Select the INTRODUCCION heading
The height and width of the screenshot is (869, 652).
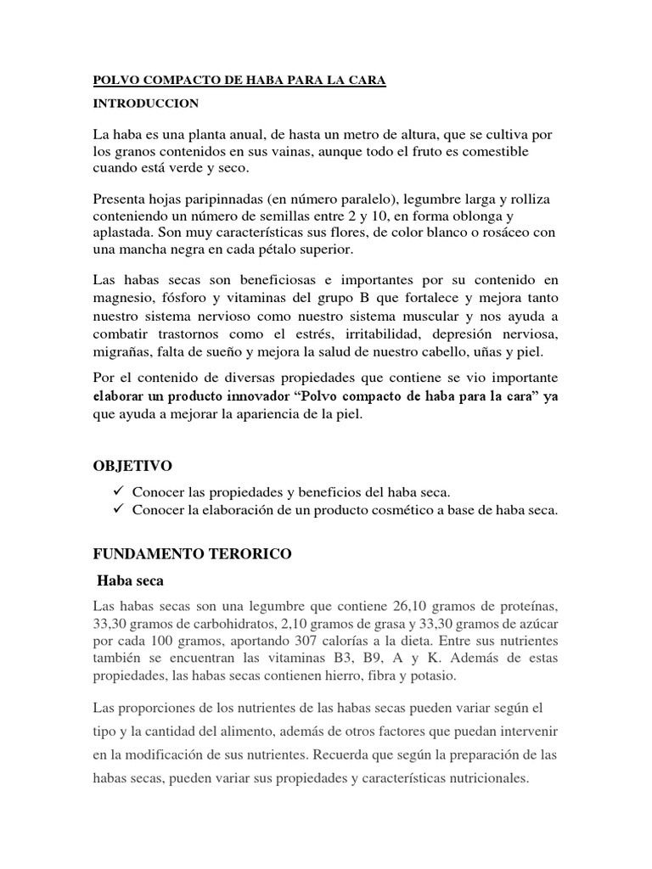146,104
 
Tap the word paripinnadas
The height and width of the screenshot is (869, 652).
222,199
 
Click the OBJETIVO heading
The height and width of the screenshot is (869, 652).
132,466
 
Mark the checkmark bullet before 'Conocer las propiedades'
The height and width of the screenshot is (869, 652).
117,492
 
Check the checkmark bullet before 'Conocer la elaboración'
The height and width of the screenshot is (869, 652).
117,509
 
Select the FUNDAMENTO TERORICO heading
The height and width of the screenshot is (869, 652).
192,554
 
